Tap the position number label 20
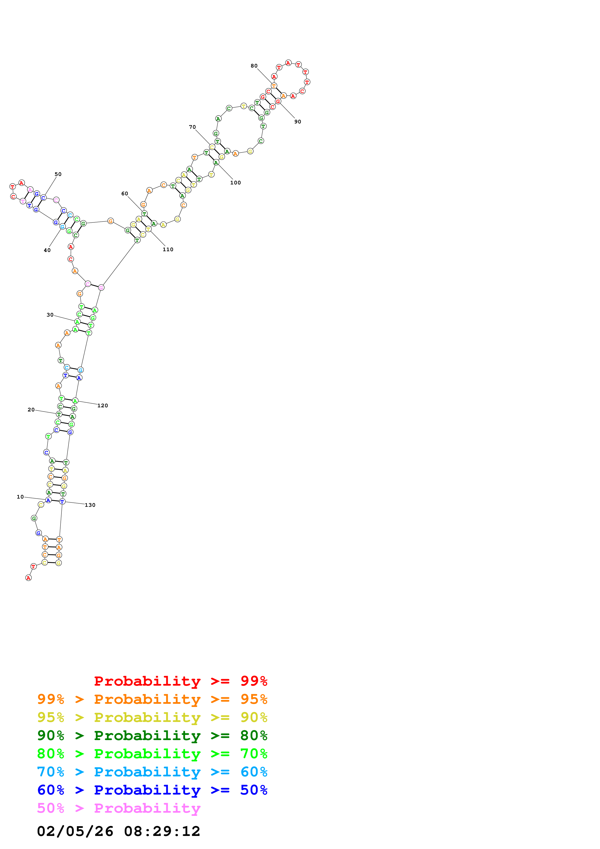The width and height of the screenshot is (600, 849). coord(31,410)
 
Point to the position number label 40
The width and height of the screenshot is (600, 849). coord(47,250)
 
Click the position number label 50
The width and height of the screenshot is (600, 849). coord(58,174)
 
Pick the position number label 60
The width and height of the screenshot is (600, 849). coord(125,194)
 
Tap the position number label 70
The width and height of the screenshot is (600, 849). coord(192,127)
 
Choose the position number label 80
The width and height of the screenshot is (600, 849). coord(254,66)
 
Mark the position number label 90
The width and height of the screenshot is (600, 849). coord(298,122)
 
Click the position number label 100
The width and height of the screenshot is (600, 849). coord(235,183)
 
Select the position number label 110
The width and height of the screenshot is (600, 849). coord(168,250)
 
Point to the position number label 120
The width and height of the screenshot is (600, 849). coord(103,406)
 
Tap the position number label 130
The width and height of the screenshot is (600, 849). coord(90,505)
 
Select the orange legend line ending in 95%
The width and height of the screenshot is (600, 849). coord(152,699)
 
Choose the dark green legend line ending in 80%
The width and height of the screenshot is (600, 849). coord(152,735)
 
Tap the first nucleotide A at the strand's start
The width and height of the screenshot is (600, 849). coord(29,578)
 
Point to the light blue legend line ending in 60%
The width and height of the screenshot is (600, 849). coord(152,772)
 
